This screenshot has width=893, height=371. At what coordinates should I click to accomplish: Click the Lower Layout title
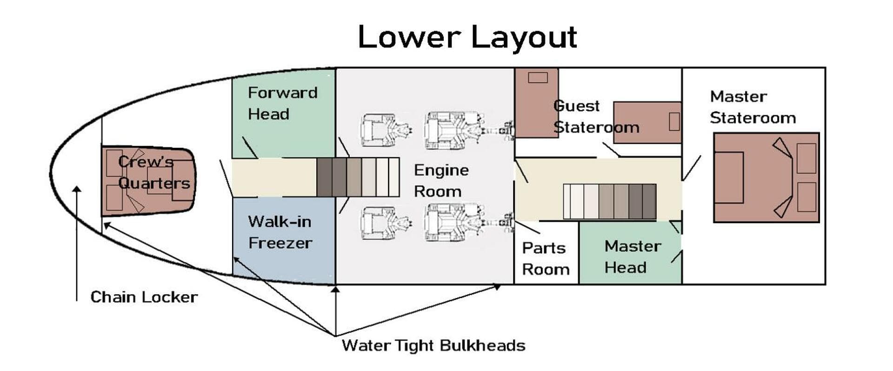(x=467, y=37)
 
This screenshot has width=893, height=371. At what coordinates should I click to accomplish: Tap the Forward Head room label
(x=282, y=103)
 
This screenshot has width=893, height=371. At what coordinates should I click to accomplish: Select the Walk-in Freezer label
(x=280, y=232)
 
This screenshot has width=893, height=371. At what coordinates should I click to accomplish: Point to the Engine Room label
(x=441, y=181)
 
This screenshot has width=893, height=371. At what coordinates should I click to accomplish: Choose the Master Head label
(x=632, y=257)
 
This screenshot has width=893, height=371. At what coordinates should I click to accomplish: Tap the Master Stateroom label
(x=753, y=107)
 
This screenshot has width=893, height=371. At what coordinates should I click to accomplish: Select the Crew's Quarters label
(x=153, y=172)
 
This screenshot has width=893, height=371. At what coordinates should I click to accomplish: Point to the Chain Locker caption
(x=144, y=297)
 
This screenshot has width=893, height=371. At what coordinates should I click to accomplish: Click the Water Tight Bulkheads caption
(x=433, y=345)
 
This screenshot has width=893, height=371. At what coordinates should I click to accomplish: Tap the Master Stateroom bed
(x=766, y=178)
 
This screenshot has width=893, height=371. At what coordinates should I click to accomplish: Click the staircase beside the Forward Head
(x=358, y=177)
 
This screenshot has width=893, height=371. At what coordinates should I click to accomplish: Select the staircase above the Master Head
(x=609, y=201)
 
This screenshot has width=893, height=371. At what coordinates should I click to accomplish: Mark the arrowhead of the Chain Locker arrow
(x=77, y=189)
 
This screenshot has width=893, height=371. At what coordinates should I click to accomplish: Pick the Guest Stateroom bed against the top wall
(x=536, y=103)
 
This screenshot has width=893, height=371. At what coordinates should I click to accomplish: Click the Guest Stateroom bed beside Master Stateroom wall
(x=647, y=122)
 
